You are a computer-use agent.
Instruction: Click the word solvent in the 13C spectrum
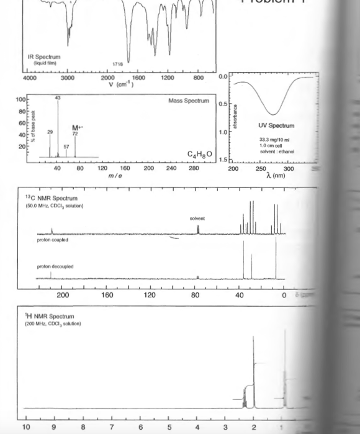coord(198,219)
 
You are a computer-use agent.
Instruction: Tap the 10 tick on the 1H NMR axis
coord(26,427)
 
